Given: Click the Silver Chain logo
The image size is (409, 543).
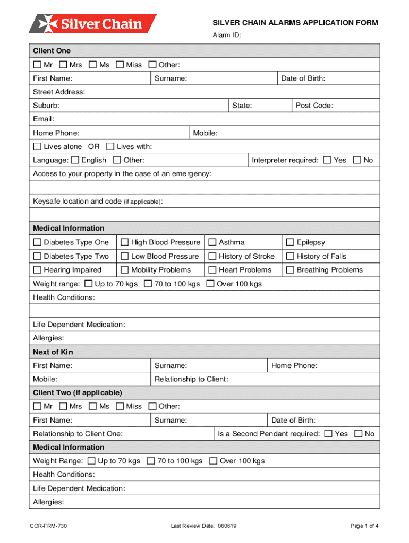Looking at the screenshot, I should point(93,24).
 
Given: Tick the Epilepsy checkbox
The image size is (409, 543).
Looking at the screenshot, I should point(290,242).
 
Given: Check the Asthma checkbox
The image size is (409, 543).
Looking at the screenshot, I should point(212,242).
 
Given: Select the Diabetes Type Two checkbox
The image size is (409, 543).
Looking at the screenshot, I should point(37,256).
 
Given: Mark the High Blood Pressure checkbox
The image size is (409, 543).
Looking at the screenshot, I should point(125,242).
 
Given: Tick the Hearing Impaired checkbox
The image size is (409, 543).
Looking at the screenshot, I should point(37,270).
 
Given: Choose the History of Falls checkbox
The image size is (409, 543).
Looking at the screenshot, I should point(290,256).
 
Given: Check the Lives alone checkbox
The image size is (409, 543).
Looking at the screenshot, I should point(37,146).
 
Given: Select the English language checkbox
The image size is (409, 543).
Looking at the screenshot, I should point(75,160).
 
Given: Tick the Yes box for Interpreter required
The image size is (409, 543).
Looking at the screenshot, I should point(327,160).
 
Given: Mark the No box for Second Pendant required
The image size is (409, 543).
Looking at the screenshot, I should point(358,434).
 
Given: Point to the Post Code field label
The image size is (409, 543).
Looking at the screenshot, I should point(314,106).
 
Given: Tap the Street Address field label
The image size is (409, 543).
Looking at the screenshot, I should point(59,92).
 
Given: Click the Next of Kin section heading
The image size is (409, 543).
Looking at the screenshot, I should point(53,352).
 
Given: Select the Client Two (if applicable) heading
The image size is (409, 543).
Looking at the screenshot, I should point(78,393).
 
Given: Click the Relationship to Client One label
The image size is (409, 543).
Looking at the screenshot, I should point(78,434).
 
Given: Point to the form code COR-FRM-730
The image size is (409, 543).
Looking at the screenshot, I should point(48,526).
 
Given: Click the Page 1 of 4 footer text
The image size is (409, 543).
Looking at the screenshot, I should point(364,526).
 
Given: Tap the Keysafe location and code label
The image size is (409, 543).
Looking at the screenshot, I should point(98,202).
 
